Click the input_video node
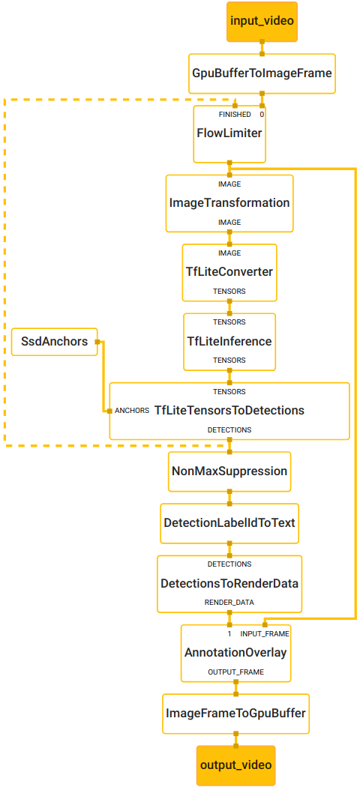click(x=262, y=19)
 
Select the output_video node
click(x=235, y=765)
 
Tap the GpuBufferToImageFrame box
click(x=262, y=73)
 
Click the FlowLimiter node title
click(x=229, y=133)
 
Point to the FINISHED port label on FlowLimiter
click(x=235, y=115)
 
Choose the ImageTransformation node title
click(x=229, y=203)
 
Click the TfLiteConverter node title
click(x=229, y=271)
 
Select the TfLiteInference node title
click(x=229, y=341)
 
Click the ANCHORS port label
click(x=132, y=411)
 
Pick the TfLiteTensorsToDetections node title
click(x=229, y=411)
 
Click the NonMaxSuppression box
click(x=229, y=471)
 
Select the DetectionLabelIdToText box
click(x=229, y=522)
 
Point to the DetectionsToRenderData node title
click(x=229, y=583)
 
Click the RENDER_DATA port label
click(x=229, y=602)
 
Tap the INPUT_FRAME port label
click(x=264, y=633)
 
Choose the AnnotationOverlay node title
click(x=235, y=653)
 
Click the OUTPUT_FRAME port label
click(x=235, y=672)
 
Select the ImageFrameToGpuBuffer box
click(x=235, y=713)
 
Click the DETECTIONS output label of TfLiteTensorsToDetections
click(x=229, y=429)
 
